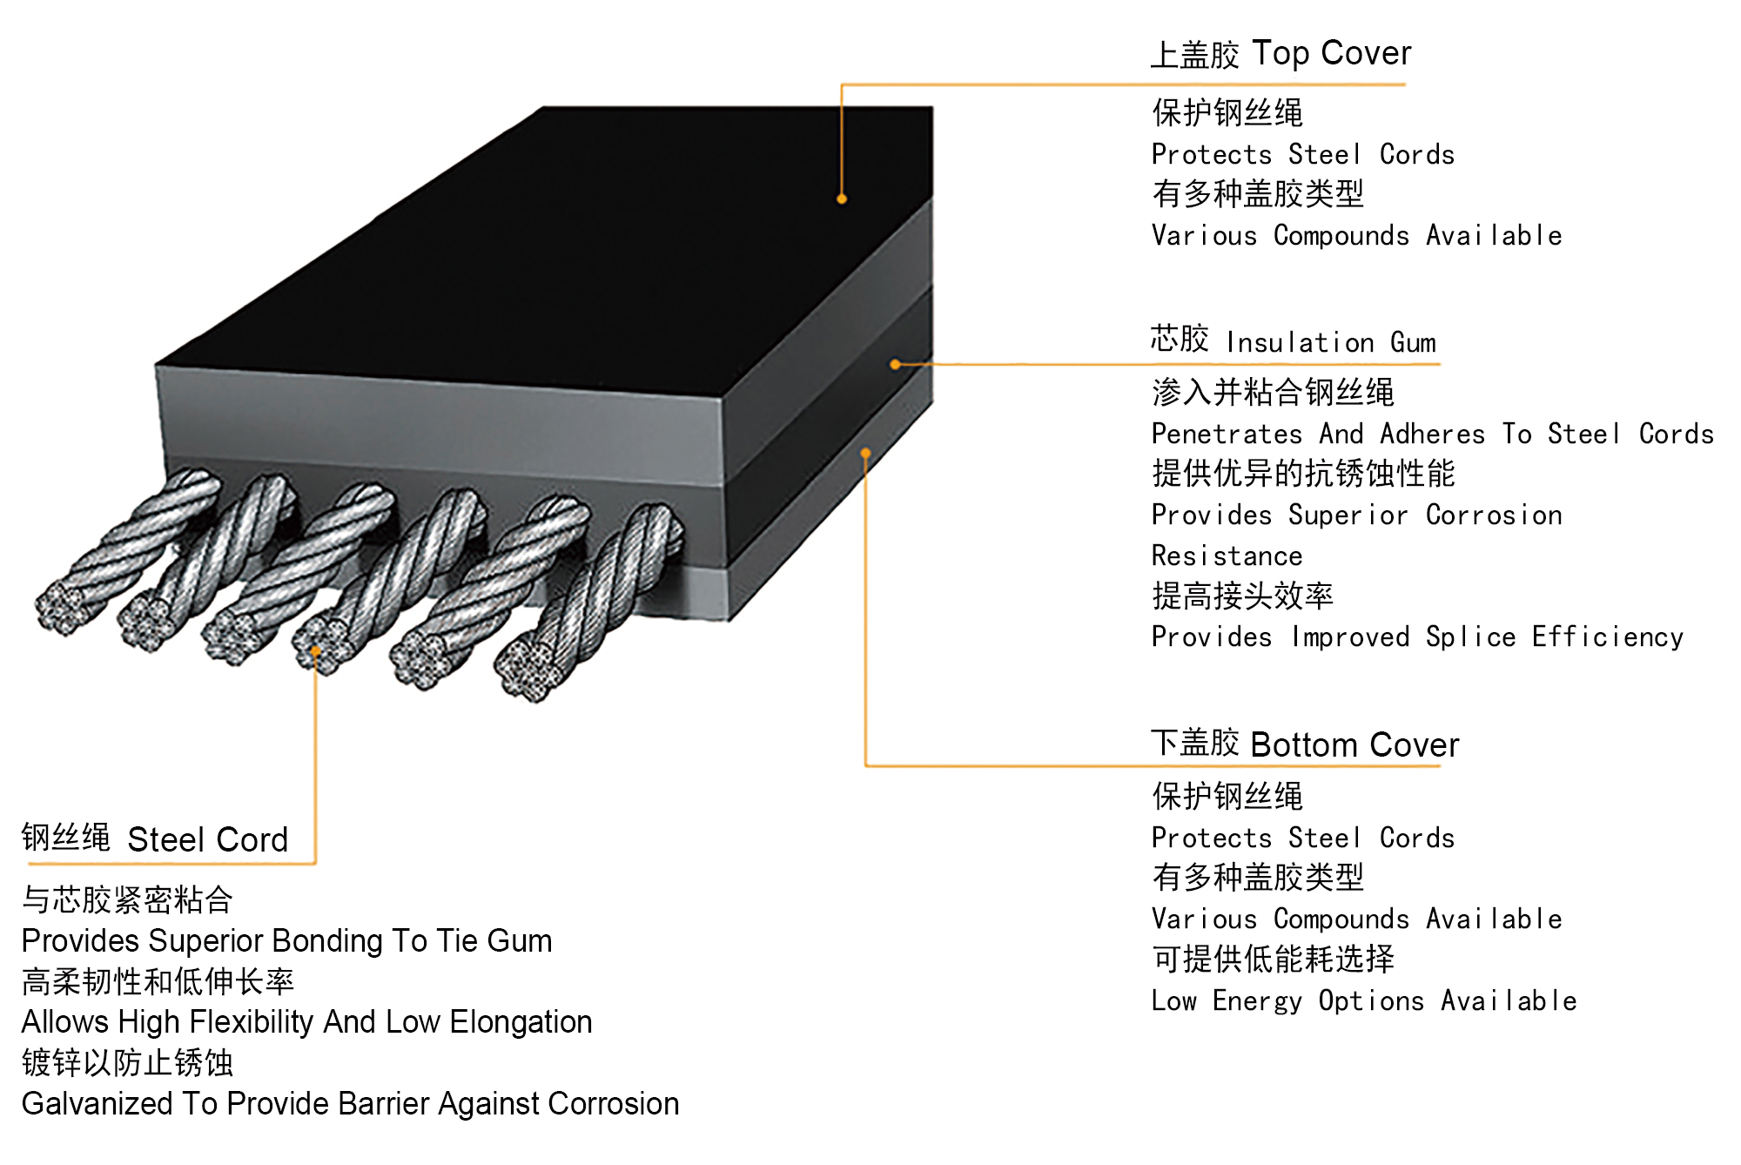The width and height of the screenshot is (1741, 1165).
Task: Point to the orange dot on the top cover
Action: coord(842,199)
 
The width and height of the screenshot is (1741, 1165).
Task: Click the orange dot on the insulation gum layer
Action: coord(895,364)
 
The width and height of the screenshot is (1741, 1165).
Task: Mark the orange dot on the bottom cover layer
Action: coord(865,453)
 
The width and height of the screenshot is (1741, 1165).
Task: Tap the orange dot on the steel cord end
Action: coord(315,650)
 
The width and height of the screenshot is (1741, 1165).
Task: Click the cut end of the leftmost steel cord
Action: coord(61,607)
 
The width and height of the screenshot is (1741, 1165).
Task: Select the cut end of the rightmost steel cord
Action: coord(525,670)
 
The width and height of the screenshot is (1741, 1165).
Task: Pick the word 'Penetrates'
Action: coord(1227,434)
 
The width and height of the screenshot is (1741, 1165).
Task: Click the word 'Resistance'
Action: coord(1227,556)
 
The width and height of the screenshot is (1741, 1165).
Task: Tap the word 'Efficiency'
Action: coord(1607,636)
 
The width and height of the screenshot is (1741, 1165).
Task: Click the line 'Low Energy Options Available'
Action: coord(1363,1000)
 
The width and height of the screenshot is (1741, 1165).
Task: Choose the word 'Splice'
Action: coord(1470,636)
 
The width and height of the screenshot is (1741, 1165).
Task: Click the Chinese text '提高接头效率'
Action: coord(1242,596)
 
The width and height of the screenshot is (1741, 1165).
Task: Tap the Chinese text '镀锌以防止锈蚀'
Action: coord(127,1062)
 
